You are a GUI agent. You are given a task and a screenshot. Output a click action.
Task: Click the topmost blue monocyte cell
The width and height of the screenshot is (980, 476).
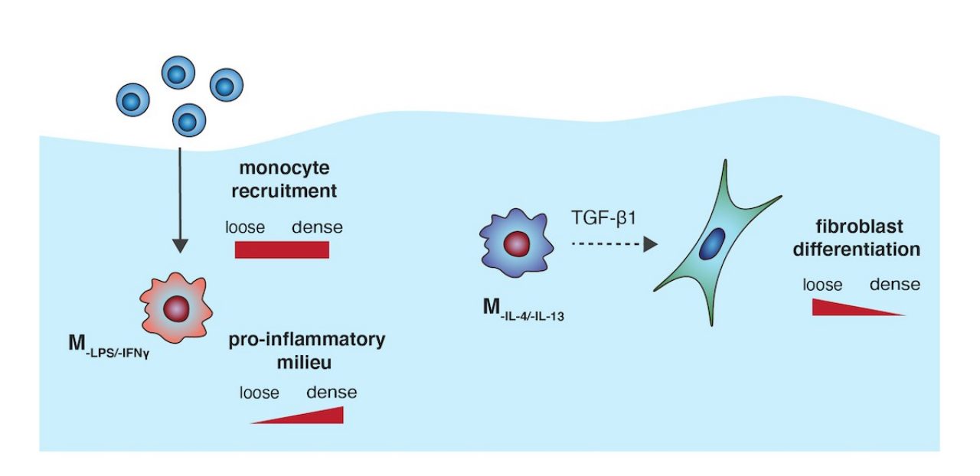[175, 74]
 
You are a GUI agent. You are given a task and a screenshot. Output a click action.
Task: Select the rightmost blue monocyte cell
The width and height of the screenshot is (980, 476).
[226, 85]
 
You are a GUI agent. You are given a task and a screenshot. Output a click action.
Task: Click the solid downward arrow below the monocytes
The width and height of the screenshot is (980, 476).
[179, 199]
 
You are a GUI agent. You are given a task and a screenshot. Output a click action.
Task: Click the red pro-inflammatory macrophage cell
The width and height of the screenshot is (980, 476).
[175, 307]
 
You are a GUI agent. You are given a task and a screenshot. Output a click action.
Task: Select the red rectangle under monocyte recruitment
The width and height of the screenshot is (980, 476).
[282, 249]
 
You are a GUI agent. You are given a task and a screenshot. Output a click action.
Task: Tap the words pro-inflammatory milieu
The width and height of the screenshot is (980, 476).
[306, 350]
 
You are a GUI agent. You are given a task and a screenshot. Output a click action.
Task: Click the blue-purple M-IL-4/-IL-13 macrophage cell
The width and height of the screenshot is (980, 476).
[515, 245]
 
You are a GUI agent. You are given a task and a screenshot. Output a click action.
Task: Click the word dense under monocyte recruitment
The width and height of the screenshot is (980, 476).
[317, 227]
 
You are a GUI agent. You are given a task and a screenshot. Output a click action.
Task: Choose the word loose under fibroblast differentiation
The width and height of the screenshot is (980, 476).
[822, 285]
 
